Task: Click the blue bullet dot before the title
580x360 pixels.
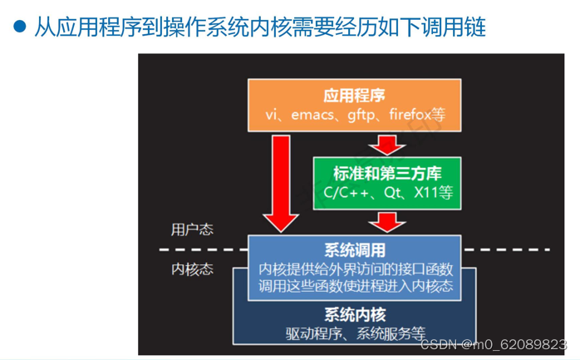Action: [19, 27]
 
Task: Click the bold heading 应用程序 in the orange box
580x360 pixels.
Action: [355, 95]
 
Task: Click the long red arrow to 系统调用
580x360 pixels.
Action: [282, 183]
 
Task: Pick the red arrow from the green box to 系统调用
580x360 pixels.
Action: [386, 221]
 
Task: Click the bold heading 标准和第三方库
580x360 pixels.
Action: [386, 173]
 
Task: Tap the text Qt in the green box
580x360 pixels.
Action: [393, 193]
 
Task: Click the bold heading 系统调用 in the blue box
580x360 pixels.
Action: [355, 249]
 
